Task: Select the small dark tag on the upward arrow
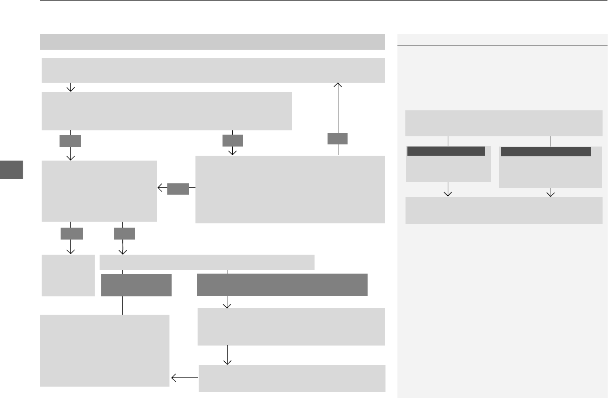(338, 139)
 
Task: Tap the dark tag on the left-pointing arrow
(178, 189)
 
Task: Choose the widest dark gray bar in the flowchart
(282, 285)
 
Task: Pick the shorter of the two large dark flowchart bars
(136, 285)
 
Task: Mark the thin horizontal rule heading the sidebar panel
(502, 45)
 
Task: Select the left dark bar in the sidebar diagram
(446, 151)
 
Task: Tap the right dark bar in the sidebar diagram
(545, 152)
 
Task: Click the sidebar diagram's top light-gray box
(504, 123)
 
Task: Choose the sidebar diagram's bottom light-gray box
(504, 210)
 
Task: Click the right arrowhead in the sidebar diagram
(551, 192)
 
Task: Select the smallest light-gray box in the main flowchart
(68, 276)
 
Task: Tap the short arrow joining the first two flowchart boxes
(71, 87)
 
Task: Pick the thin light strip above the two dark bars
(207, 262)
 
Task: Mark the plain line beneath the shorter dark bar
(123, 306)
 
